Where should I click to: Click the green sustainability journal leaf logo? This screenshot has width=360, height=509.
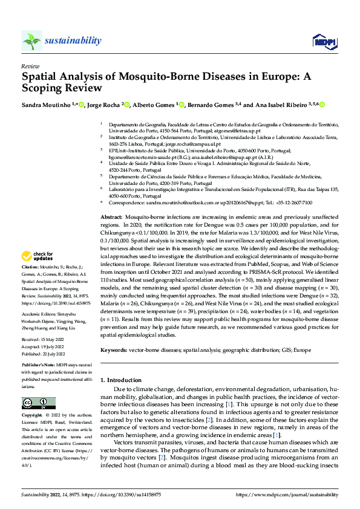31,41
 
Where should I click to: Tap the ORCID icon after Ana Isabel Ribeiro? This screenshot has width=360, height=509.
322,105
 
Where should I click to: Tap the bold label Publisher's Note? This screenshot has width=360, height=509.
37,367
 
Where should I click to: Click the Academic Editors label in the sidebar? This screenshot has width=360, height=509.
39,314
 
